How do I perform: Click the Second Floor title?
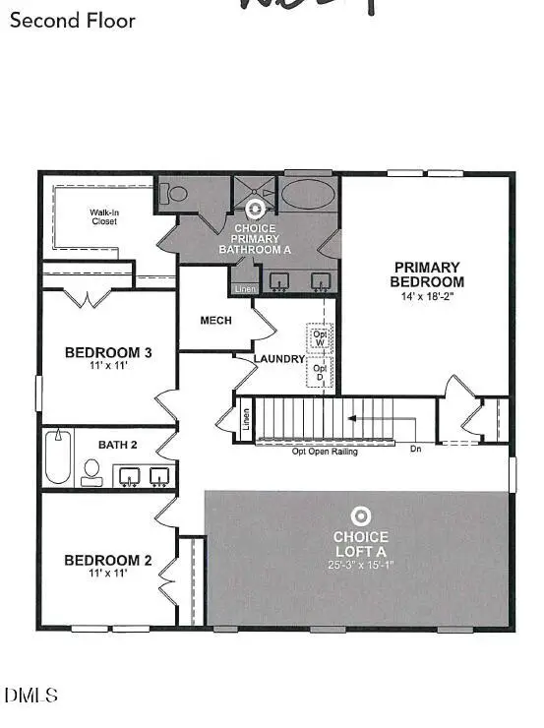click(73, 20)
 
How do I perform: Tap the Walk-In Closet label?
click(103, 216)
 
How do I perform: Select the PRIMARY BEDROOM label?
click(427, 273)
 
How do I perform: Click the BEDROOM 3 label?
click(108, 352)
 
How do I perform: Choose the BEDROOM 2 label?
click(108, 561)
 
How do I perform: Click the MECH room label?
click(215, 321)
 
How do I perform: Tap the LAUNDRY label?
click(280, 359)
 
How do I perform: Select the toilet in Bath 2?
click(92, 472)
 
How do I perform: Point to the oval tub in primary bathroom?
click(309, 194)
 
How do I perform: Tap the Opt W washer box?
click(320, 337)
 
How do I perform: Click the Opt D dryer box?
click(320, 373)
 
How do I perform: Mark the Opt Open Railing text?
click(325, 452)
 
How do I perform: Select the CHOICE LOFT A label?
click(361, 543)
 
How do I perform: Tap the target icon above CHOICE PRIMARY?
click(255, 209)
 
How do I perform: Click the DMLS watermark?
click(31, 696)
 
